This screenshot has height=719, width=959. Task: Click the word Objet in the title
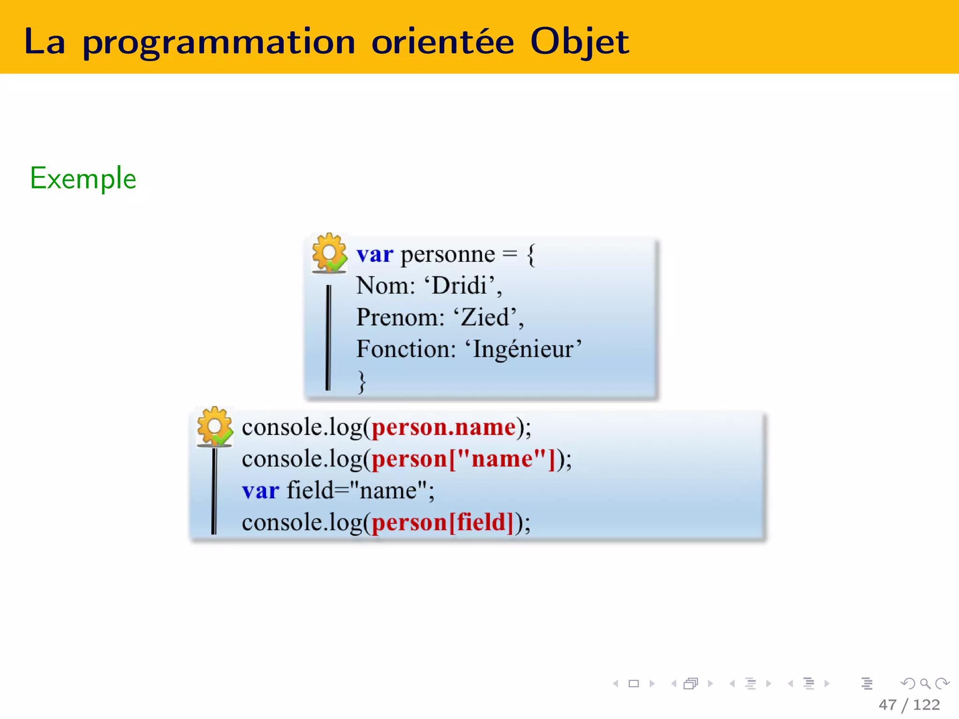pyautogui.click(x=579, y=42)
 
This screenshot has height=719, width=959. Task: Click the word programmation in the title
pyautogui.click(x=219, y=43)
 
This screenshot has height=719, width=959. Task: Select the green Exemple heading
pyautogui.click(x=83, y=178)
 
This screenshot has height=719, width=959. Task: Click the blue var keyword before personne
pyautogui.click(x=375, y=255)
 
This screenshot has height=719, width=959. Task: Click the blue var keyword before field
pyautogui.click(x=260, y=491)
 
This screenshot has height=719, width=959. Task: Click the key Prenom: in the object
pyautogui.click(x=400, y=317)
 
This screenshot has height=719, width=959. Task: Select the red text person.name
pyautogui.click(x=443, y=427)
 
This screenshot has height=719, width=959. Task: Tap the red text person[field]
pyautogui.click(x=443, y=522)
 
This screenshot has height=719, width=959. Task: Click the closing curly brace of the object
pyautogui.click(x=361, y=382)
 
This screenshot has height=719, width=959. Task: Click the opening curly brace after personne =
pyautogui.click(x=531, y=256)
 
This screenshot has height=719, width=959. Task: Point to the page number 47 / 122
pyautogui.click(x=909, y=704)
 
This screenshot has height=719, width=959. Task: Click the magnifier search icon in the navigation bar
pyautogui.click(x=925, y=684)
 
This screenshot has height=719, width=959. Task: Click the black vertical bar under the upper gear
pyautogui.click(x=328, y=337)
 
